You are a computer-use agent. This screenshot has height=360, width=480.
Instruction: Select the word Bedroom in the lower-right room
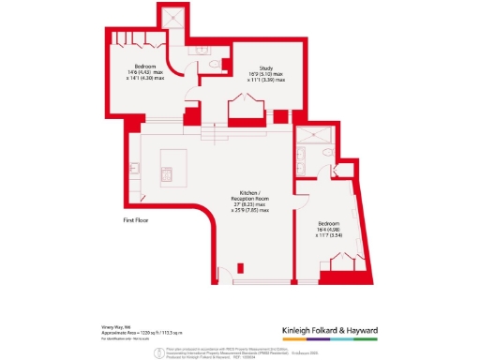(x=334, y=222)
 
